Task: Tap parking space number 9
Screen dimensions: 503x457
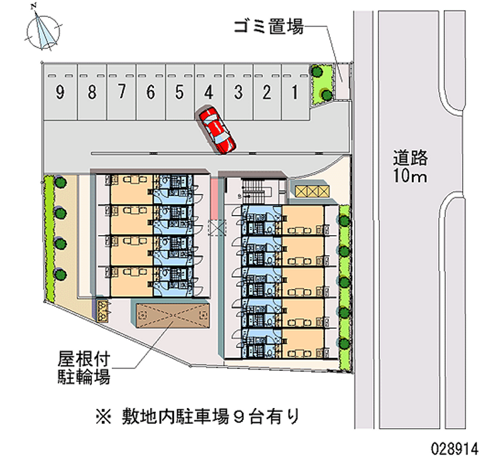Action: tap(60, 94)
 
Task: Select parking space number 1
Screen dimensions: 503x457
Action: tap(294, 94)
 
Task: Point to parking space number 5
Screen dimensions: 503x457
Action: tap(179, 94)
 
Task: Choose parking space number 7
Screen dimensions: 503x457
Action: tap(121, 94)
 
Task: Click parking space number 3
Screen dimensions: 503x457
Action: tap(238, 94)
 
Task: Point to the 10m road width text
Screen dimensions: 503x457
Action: tap(411, 176)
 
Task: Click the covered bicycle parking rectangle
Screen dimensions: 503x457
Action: tap(172, 312)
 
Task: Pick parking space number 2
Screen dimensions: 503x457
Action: tap(267, 94)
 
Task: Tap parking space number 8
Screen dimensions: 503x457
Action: tap(92, 94)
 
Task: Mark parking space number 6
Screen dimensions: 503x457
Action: tap(150, 94)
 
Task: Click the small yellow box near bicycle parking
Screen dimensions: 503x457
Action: tap(103, 309)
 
